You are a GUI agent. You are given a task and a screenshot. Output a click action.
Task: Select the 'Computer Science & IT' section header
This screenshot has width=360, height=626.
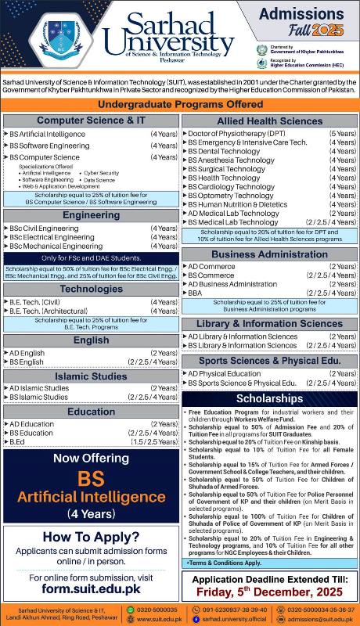point(92,121)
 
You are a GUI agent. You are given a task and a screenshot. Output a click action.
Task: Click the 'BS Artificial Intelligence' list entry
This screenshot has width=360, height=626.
point(48,135)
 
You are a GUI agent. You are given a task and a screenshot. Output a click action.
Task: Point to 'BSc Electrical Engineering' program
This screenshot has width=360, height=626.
point(52,237)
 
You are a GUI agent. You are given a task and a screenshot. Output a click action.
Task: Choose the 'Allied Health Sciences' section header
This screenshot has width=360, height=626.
point(270,121)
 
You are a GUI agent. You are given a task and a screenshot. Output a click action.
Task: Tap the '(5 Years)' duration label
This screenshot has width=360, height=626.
point(343,135)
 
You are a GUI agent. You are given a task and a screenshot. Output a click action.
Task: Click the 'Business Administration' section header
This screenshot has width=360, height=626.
point(270,254)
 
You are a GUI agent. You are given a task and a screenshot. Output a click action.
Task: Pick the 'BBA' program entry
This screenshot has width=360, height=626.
point(196,293)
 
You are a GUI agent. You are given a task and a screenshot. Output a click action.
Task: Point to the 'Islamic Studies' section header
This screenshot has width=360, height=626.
point(92,376)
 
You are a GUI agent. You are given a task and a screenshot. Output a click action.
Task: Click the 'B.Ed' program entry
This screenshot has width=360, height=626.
point(18,441)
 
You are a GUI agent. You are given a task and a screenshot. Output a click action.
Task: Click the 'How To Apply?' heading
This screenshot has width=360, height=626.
point(92,537)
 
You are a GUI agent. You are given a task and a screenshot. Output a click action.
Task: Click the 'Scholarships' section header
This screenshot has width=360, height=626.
point(270,398)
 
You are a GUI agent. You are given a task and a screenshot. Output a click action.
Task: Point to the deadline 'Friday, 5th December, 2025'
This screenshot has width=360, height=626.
point(270,592)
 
